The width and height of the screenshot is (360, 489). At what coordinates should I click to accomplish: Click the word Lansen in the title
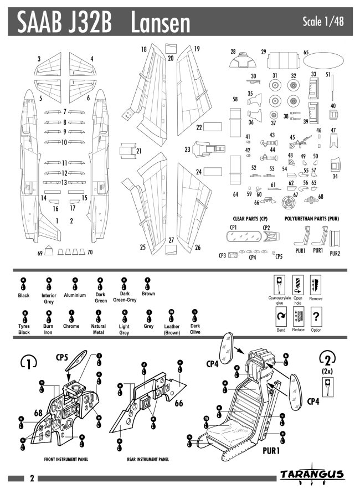(161, 22)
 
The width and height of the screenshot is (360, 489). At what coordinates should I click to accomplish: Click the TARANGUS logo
(312, 475)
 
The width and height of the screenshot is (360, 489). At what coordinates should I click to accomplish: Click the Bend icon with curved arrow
(280, 318)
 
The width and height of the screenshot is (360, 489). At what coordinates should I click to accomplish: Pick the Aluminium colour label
(75, 295)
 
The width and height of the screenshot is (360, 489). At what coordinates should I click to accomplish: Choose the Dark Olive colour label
(195, 329)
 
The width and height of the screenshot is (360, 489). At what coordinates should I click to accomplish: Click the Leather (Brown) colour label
(172, 330)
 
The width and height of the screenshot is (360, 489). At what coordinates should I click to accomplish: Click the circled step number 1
(29, 363)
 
